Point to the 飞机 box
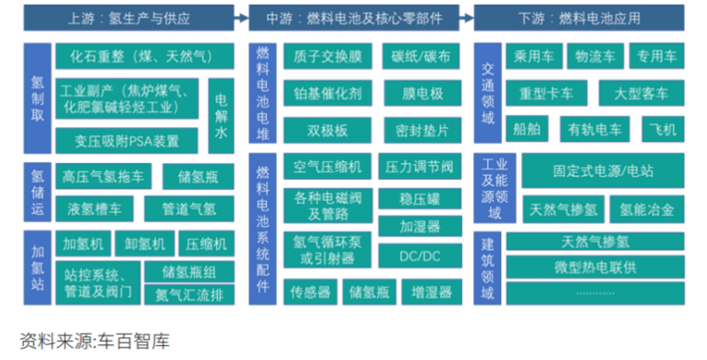click(663, 129)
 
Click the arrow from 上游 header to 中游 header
click(242, 18)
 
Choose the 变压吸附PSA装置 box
click(127, 141)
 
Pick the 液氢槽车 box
click(94, 209)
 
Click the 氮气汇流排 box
click(189, 295)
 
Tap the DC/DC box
click(420, 256)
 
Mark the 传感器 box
click(310, 292)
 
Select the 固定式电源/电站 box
click(603, 171)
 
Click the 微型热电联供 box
click(595, 267)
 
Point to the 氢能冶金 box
click(647, 209)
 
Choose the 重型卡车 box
click(546, 93)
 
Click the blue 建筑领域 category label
click(487, 267)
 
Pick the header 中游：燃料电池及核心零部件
click(354, 18)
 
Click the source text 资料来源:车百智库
click(94, 341)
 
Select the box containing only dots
click(595, 293)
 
